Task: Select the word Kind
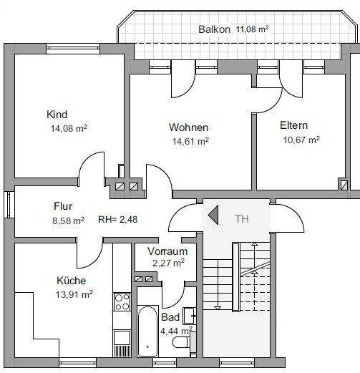57,115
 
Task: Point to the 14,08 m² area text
68,129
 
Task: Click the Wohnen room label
188,127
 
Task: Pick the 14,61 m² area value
189,141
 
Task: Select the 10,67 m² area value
300,140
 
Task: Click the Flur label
64,206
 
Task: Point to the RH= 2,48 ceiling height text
117,220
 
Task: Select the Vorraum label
167,251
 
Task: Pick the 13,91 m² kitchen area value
74,294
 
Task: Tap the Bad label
170,317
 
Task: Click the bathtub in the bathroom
148,330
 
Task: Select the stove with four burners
122,302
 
